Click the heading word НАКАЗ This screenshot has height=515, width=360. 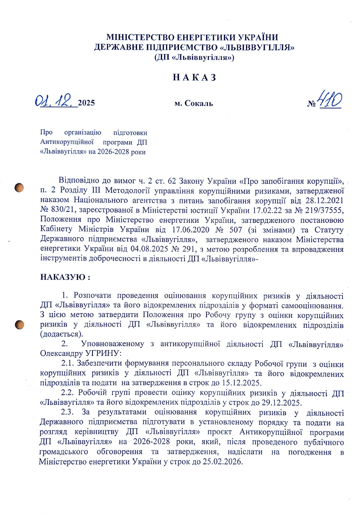tap(194, 77)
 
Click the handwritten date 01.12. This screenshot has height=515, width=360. tap(55, 101)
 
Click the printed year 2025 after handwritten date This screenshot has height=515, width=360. tap(86, 103)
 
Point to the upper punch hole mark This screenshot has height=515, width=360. tap(19, 188)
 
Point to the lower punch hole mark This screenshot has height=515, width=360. tap(19, 324)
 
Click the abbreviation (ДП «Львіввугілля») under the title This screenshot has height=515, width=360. tap(194, 57)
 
